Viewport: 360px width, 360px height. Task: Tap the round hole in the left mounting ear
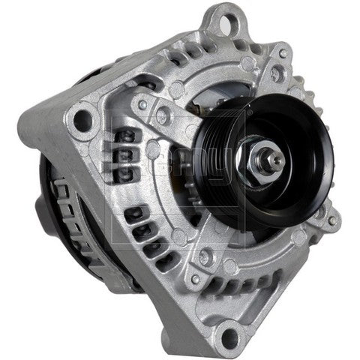click(x=82, y=118)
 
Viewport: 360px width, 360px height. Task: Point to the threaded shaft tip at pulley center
click(x=275, y=157)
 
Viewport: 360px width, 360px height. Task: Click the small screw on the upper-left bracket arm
click(x=142, y=105)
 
